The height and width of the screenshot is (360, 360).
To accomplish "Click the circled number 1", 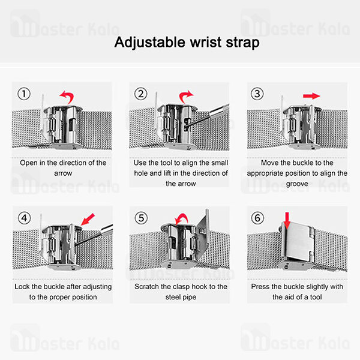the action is [24, 94].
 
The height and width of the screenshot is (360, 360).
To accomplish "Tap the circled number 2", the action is [141, 94].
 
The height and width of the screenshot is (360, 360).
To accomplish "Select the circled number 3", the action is [257, 94].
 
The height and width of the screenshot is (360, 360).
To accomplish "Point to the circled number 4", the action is [25, 218].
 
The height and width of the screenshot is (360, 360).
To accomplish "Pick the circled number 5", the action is [141, 218].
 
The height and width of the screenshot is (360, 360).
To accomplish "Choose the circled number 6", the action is [257, 218].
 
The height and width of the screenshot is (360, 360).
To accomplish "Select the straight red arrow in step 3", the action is [311, 96].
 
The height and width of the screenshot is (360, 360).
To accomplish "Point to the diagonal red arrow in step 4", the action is [88, 219].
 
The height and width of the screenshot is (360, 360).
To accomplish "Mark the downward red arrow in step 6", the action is [287, 221].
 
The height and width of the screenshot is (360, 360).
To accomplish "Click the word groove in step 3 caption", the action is [297, 184].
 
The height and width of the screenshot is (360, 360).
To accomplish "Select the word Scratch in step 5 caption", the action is [146, 287].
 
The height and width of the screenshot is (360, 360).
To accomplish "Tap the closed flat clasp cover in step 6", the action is [298, 242].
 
